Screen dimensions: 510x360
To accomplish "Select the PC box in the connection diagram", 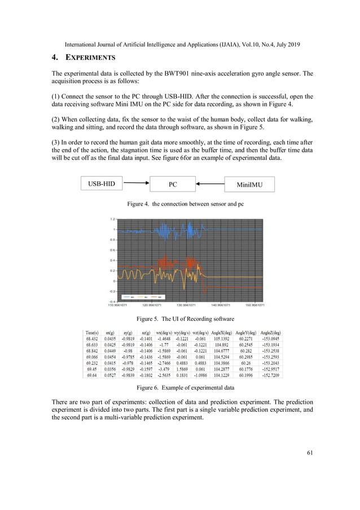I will pos(173,184).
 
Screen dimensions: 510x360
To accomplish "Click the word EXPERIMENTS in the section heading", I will pos(91,58).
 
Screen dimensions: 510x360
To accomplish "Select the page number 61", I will pos(308,451).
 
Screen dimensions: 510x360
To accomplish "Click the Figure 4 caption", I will pos(181,203).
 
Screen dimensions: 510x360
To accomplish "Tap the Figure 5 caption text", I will pos(181,319).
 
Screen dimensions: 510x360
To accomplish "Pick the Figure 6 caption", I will pos(181,387).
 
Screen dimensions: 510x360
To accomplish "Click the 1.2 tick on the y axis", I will pos(113,219).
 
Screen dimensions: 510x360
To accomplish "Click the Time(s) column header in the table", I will pos(92,333).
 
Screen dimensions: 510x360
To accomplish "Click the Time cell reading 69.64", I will pos(92,374).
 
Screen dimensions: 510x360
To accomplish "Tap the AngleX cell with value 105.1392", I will pos(221,339).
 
